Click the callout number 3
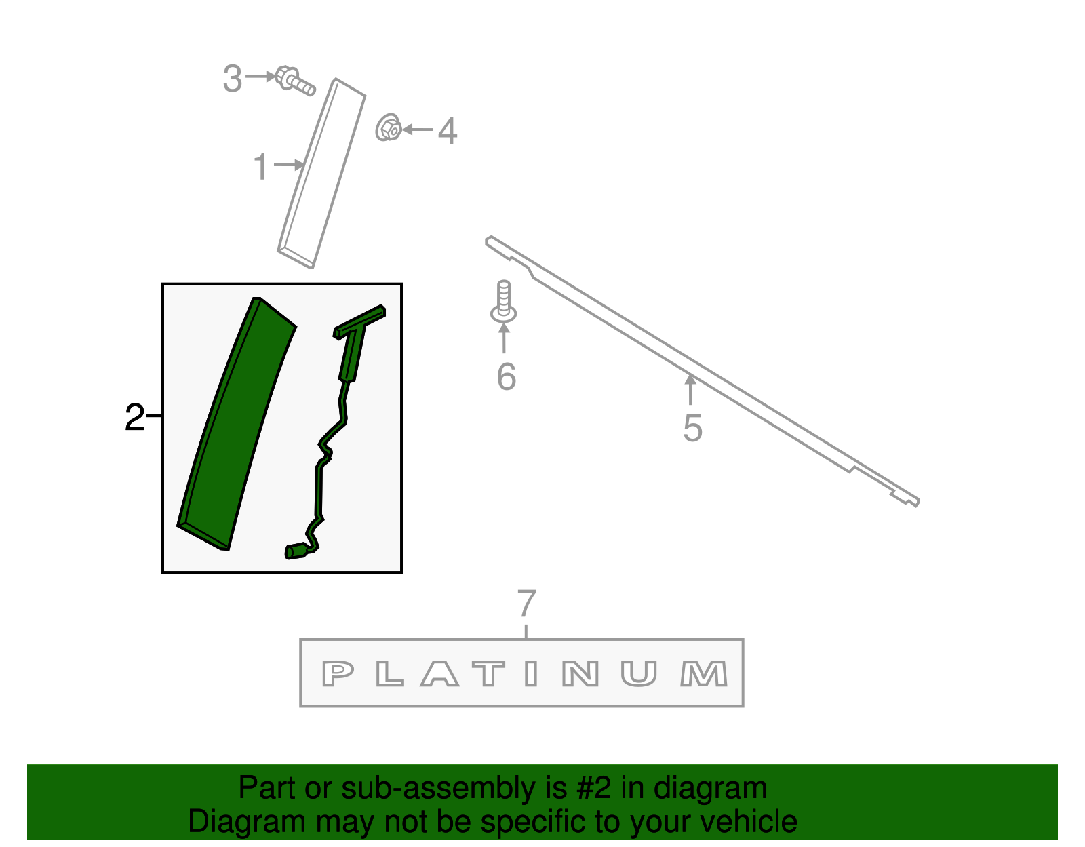pos(232,79)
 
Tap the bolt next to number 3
pos(294,81)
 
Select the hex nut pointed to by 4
pos(389,127)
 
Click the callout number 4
pos(448,131)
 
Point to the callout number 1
pos(261,166)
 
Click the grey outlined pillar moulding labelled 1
pos(321,173)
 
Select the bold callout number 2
pos(134,417)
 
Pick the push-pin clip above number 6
pos(503,301)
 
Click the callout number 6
pos(507,377)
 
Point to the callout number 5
pos(692,428)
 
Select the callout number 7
pos(527,603)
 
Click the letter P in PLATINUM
pos(338,673)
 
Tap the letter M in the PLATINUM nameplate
pos(703,673)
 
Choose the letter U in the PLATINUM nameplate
pos(639,674)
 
